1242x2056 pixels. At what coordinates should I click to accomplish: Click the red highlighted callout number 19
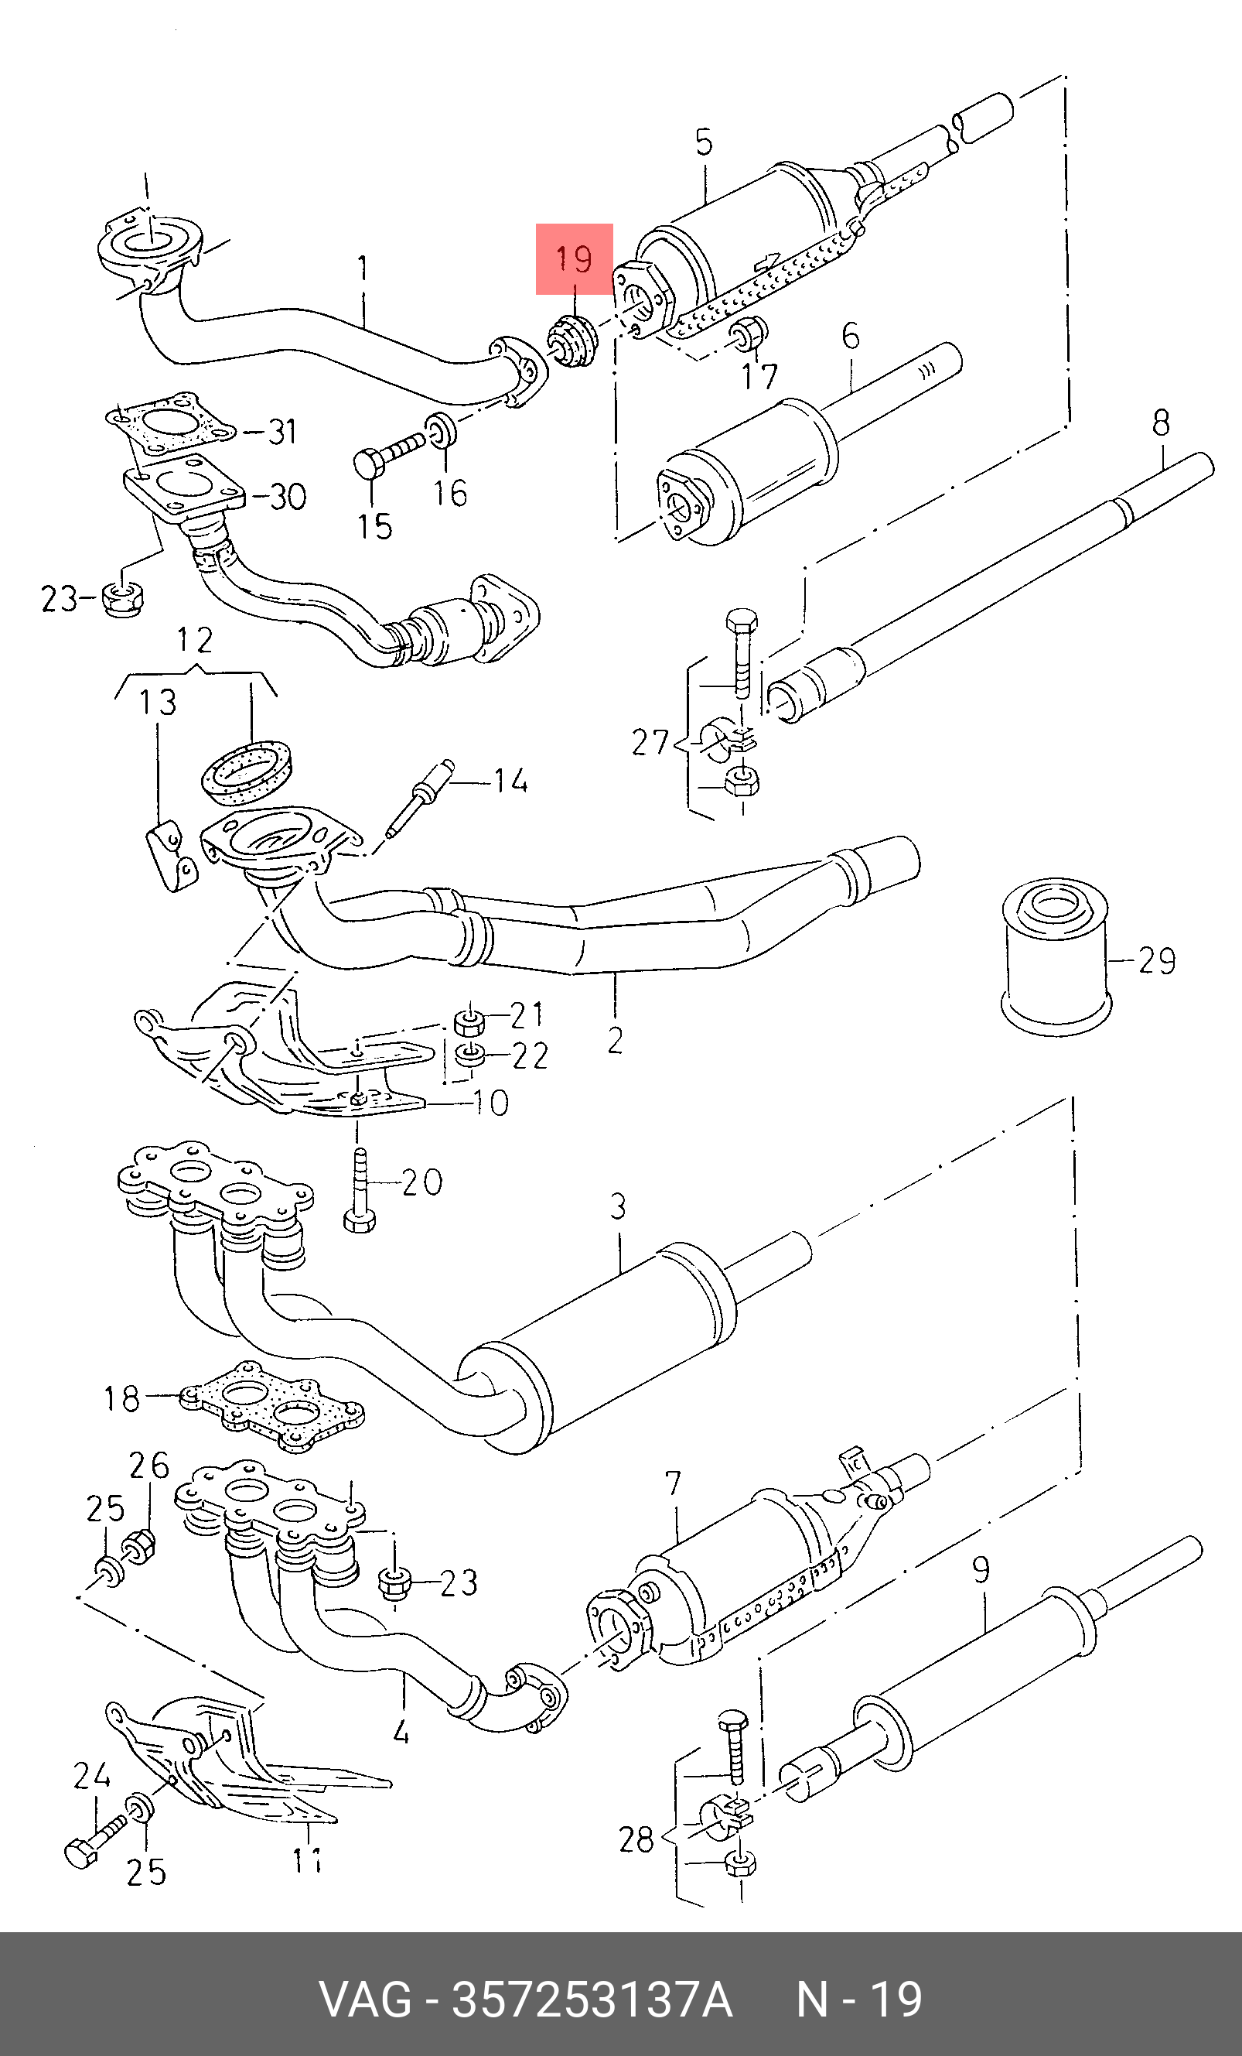coord(574,258)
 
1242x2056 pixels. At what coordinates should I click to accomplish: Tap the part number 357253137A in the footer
coord(592,2000)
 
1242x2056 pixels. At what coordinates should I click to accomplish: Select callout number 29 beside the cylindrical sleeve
coord(1156,961)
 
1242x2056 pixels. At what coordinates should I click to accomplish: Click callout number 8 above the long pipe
coord(1161,423)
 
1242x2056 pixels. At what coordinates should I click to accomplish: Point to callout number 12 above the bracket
coord(194,640)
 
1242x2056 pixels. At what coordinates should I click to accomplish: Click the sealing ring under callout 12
coord(248,769)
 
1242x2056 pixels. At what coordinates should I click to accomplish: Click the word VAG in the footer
coord(366,2000)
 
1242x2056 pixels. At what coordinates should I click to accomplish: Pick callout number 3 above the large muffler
coord(617,1206)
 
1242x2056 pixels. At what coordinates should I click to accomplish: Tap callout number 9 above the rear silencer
coord(981,1569)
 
